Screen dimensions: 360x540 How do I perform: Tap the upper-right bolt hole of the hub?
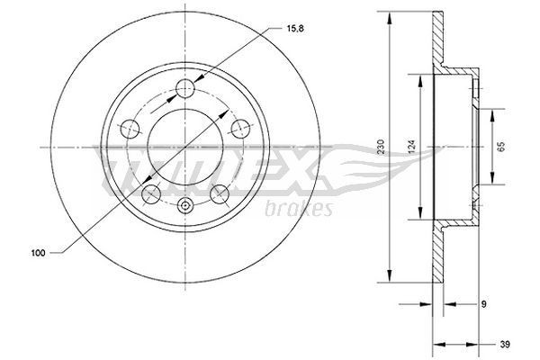click(x=239, y=128)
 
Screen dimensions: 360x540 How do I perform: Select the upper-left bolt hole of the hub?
click(x=129, y=128)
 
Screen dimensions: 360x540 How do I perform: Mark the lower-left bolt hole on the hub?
click(x=149, y=193)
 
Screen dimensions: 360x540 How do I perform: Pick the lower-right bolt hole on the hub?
click(x=218, y=193)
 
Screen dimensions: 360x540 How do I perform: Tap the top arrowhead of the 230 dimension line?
click(x=389, y=15)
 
